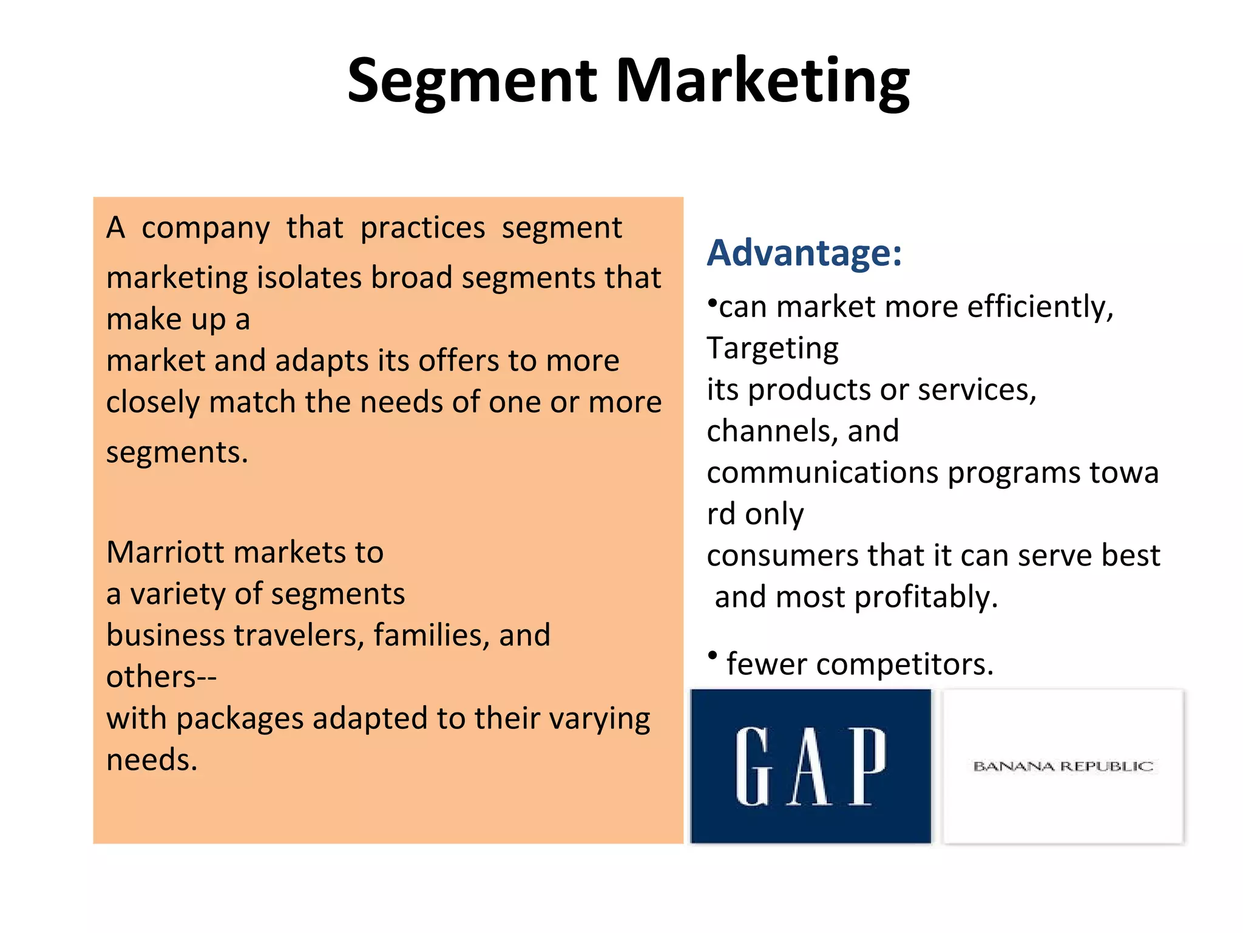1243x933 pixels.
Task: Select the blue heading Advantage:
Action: click(804, 253)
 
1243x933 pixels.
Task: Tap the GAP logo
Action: click(811, 766)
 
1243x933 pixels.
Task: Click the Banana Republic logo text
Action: click(1063, 767)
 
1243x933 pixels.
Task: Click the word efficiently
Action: click(1040, 307)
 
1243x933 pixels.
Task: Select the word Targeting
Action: click(773, 349)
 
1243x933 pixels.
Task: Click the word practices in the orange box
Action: click(422, 228)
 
